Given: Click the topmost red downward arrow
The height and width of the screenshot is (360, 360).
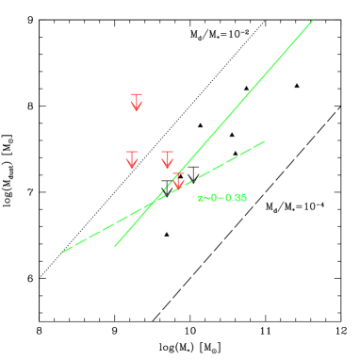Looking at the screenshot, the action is click(137, 103).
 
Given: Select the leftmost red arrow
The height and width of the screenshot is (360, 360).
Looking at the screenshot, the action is click(132, 159).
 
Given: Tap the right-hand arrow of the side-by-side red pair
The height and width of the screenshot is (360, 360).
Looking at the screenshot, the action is click(168, 159).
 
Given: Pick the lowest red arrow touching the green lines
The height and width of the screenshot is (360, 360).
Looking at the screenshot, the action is click(178, 182).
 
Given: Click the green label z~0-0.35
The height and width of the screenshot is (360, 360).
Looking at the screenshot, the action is click(222, 198).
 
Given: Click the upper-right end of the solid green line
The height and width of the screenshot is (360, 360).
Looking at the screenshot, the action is click(312, 21).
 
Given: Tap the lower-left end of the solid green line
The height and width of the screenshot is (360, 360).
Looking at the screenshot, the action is click(115, 245).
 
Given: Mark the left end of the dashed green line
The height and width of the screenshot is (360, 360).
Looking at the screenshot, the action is click(63, 252).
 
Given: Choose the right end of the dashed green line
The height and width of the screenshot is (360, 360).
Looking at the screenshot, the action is click(264, 141).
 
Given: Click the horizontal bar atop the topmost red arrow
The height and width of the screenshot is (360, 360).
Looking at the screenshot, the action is click(137, 94).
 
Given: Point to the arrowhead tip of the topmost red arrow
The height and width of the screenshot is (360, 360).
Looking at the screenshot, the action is click(137, 111).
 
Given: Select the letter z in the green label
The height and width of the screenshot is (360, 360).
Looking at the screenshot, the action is click(200, 198).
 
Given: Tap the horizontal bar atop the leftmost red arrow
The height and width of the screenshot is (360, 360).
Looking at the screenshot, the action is click(132, 152).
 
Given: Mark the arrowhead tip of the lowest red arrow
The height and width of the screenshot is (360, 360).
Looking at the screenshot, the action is click(178, 189).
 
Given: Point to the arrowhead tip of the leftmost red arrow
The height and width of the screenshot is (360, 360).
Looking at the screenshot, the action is click(132, 168).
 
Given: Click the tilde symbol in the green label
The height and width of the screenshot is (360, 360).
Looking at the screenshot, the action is click(205, 198).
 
